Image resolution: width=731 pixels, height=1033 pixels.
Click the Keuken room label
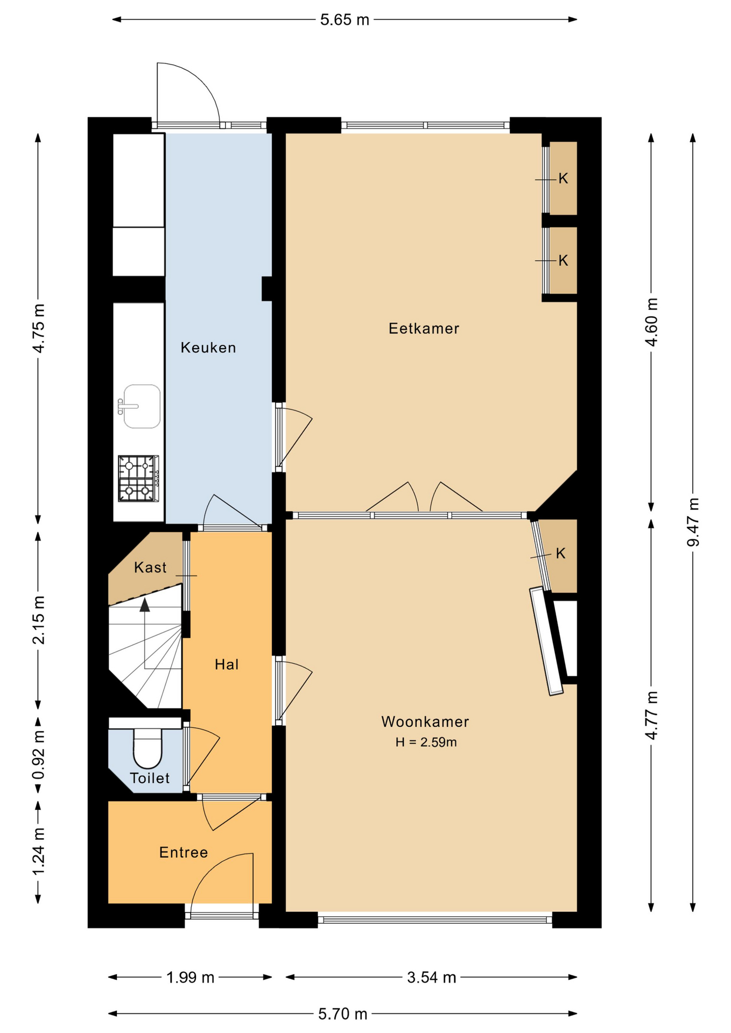coord(208,348)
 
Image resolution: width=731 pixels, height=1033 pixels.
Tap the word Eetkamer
coord(424,328)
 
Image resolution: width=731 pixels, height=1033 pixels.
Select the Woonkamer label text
coord(425,721)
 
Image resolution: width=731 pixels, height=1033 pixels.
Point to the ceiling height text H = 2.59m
coord(426,742)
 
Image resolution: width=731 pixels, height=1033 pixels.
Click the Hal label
coord(227,664)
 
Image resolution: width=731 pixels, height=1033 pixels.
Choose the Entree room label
coord(184,852)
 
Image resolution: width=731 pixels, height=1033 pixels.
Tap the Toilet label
coord(150,778)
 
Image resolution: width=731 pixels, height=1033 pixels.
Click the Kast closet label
coord(150,567)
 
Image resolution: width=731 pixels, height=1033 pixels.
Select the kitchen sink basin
coord(142,406)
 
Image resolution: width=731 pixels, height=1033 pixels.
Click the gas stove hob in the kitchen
coord(138,479)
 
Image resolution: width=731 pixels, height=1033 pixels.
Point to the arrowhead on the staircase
coord(145,605)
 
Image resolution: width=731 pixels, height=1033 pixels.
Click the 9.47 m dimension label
coord(693,522)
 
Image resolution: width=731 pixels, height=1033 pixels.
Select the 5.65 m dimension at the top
coord(345,20)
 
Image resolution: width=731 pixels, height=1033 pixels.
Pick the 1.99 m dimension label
coord(191,978)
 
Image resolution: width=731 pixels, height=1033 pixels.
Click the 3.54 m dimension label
coord(432,978)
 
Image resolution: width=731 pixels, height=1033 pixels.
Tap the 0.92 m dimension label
coord(38,755)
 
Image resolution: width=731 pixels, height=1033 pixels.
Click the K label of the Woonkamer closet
coord(560,554)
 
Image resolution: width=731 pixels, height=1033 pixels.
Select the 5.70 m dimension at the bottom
coord(343,1014)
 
